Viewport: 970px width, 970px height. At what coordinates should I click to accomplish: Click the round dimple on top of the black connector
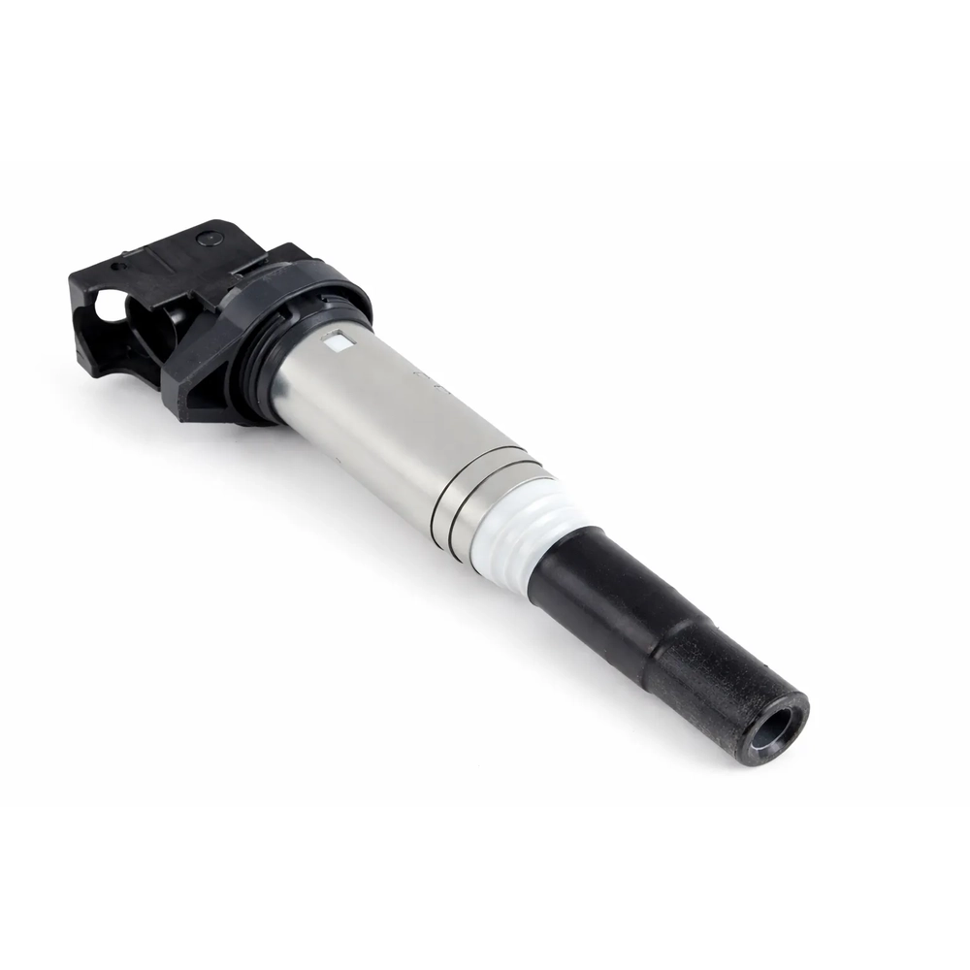point(206,237)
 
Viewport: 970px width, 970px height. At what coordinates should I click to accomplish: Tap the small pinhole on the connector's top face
point(115,265)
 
